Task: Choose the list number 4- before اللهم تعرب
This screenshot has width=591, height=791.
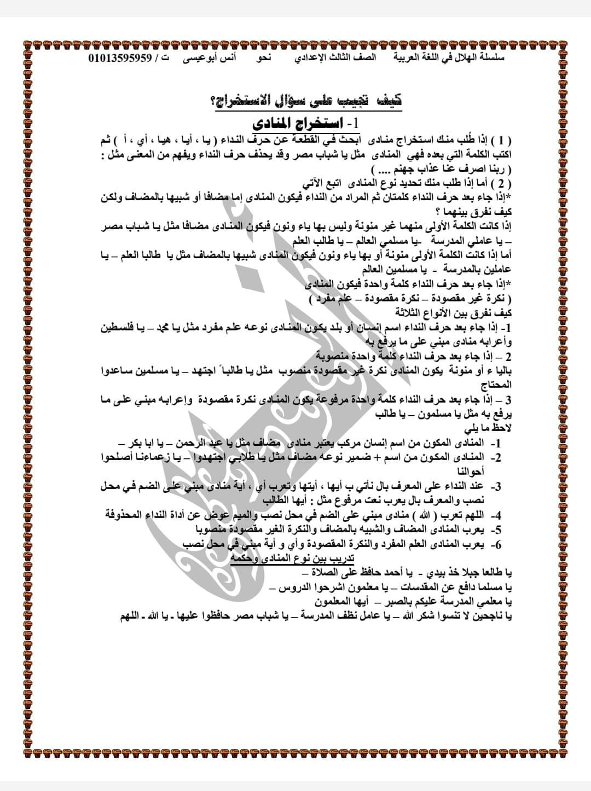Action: [496, 515]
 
